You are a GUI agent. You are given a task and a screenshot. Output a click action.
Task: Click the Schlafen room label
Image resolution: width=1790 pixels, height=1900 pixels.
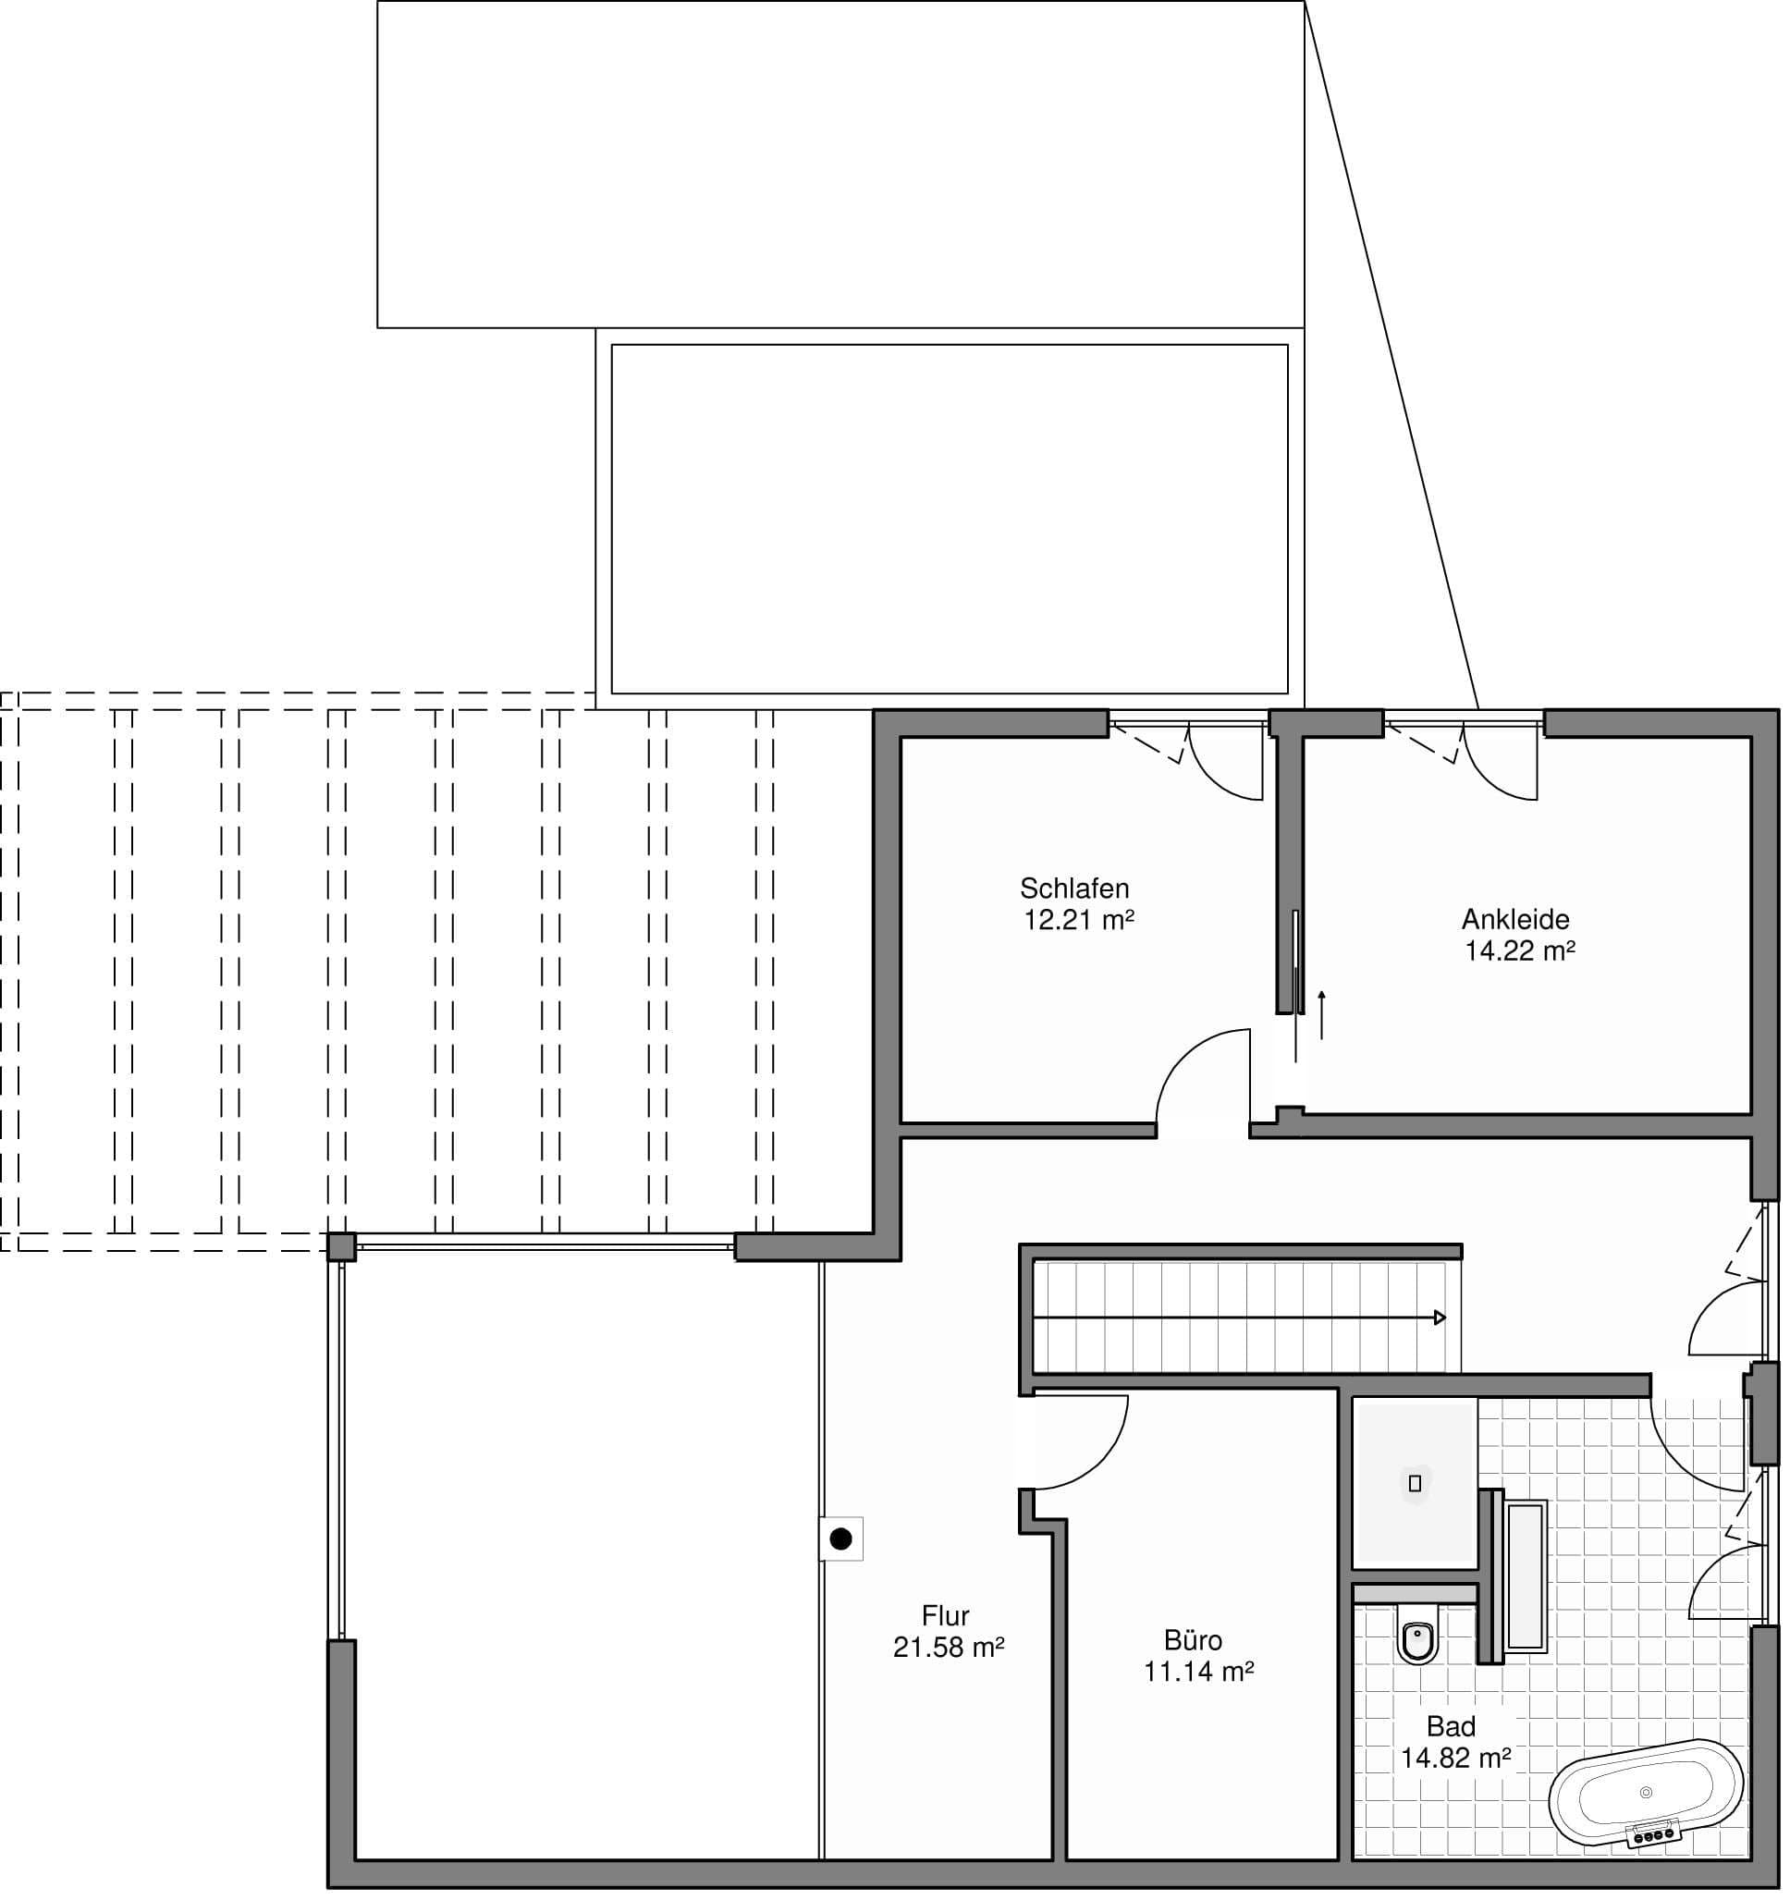(1074, 889)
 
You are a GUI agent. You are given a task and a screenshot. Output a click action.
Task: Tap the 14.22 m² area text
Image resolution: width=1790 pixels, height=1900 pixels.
(1519, 951)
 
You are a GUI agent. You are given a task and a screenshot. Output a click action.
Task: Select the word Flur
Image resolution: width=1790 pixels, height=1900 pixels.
(945, 1615)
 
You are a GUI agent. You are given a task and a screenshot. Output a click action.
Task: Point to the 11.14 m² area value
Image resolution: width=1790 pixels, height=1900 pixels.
(1198, 1672)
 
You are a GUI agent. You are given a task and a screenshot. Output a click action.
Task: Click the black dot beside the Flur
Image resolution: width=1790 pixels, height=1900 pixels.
(841, 1539)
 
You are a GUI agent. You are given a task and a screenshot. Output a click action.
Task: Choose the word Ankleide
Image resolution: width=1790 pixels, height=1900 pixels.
(1515, 919)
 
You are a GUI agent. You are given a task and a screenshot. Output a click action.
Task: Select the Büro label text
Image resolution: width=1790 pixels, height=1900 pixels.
(1194, 1640)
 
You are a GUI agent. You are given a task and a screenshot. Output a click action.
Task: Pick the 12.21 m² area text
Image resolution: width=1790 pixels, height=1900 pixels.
(1079, 920)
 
